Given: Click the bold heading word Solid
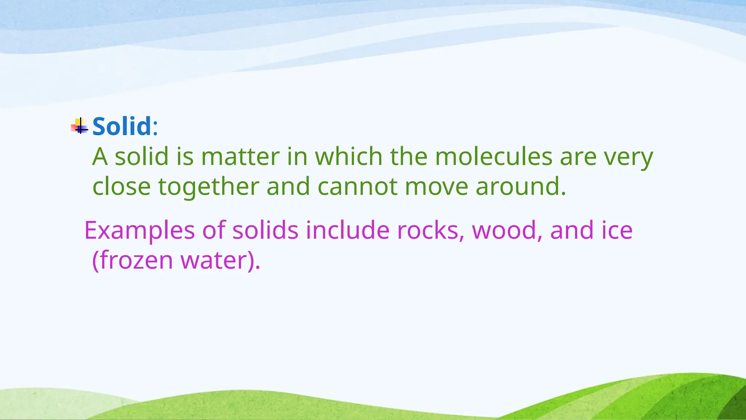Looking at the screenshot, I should pyautogui.click(x=122, y=126).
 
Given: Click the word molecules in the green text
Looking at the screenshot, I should pyautogui.click(x=494, y=157).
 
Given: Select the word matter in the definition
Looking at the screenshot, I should pyautogui.click(x=240, y=157).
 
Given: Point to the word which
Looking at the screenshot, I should pyautogui.click(x=349, y=157).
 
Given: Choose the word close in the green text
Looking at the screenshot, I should pyautogui.click(x=121, y=186).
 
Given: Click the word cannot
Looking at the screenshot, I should pyautogui.click(x=357, y=186).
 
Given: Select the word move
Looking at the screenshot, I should pyautogui.click(x=436, y=186).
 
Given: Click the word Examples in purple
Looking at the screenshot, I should pyautogui.click(x=140, y=231).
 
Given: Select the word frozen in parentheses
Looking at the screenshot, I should pyautogui.click(x=136, y=260).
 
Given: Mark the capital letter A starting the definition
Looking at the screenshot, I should pyautogui.click(x=100, y=157).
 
